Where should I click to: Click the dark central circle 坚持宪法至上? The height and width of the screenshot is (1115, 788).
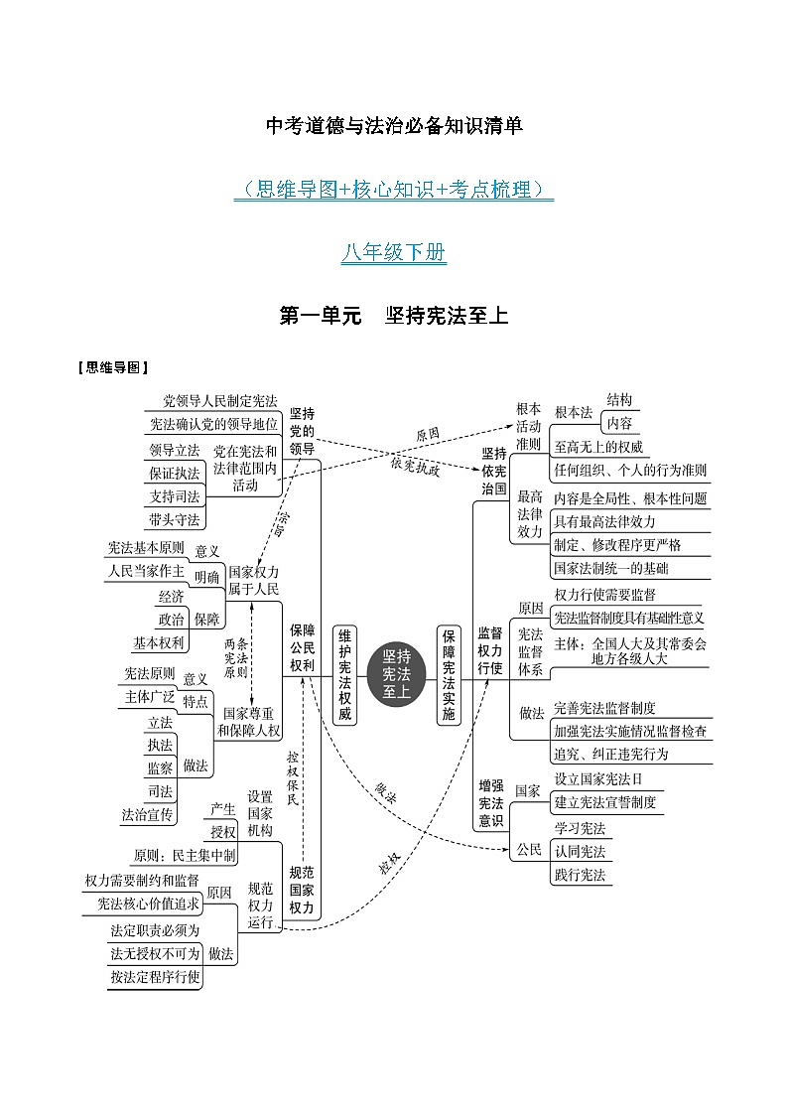397,673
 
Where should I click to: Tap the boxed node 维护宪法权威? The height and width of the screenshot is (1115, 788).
344,674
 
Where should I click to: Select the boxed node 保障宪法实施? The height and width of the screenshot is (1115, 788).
449,674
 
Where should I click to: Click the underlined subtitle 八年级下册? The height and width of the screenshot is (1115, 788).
394,252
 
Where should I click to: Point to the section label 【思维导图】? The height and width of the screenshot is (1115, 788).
114,367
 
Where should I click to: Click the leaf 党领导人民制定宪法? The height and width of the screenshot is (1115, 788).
220,401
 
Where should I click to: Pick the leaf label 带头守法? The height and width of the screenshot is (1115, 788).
175,520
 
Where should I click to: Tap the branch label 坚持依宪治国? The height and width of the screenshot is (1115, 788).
494,471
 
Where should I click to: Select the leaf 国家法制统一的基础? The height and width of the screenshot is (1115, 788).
611,568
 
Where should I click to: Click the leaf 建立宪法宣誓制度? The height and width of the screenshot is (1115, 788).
605,802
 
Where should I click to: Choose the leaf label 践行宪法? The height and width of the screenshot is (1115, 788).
580,875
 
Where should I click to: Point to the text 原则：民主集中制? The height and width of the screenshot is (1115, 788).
184,856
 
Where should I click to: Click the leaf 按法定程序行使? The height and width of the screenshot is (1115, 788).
155,977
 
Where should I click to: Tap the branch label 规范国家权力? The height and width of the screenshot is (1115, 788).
302,891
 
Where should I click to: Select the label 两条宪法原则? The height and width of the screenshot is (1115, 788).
236,657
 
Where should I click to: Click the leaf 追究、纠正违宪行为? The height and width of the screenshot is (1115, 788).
611,754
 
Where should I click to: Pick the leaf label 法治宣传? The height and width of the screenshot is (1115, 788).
147,815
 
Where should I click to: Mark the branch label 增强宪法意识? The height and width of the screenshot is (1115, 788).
491,803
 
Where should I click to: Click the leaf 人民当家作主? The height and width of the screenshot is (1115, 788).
146,571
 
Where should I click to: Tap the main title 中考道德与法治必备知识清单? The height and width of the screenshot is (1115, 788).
394,126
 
